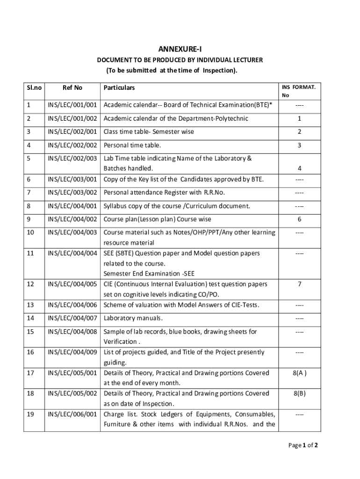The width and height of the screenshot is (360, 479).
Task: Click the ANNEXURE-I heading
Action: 180,49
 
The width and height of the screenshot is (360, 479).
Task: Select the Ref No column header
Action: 72,87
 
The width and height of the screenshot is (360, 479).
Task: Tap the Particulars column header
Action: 119,87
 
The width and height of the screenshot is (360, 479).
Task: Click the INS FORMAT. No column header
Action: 299,91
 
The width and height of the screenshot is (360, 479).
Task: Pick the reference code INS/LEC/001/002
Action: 72,118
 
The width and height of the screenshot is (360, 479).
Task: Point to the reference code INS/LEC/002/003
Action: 72,158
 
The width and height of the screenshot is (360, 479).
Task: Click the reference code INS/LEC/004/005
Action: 72,284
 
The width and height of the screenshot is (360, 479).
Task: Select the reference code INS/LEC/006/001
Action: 72,414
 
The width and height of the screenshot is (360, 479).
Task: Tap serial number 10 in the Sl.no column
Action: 31,232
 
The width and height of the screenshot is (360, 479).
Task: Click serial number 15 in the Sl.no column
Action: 31,332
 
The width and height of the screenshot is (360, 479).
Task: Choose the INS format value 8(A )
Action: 299,373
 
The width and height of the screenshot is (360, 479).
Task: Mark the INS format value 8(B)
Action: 299,393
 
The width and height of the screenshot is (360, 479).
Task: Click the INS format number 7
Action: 299,284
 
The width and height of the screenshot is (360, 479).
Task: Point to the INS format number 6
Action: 299,219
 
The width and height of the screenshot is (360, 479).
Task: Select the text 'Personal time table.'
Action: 132,145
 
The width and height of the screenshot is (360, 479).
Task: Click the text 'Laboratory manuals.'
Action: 133,319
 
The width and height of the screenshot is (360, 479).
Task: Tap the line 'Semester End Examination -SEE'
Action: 149,274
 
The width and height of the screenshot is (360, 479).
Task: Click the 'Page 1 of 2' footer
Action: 303,445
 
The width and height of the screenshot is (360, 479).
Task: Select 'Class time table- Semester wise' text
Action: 149,131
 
